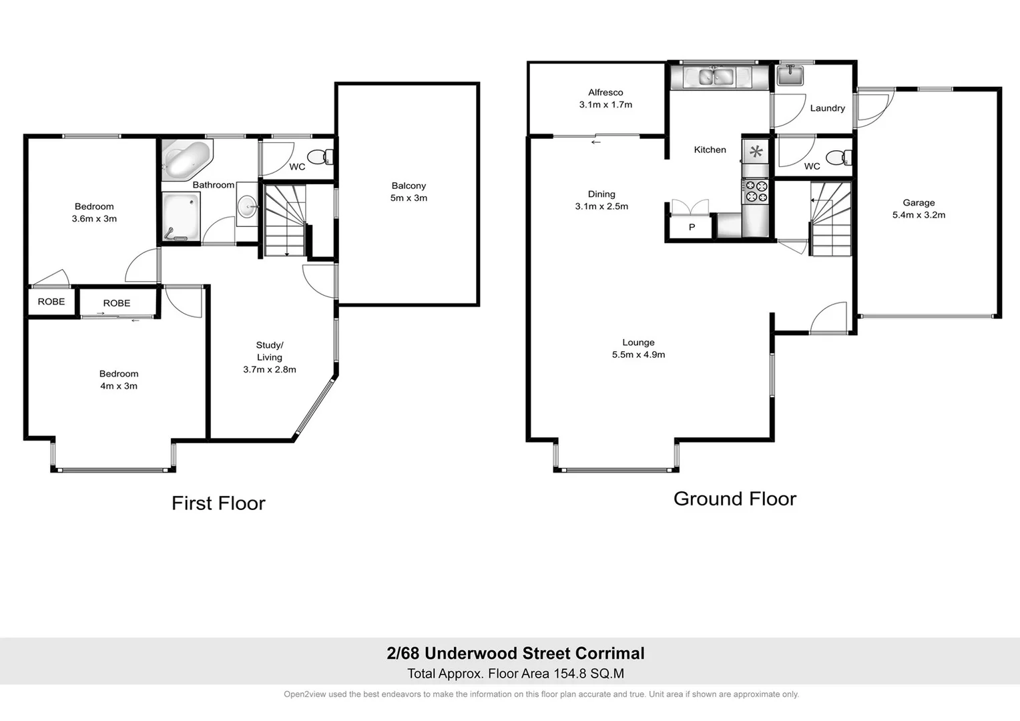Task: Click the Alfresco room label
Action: [x=605, y=93]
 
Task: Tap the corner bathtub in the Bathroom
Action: [x=185, y=160]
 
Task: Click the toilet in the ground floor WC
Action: [x=837, y=158]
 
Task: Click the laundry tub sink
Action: [x=790, y=75]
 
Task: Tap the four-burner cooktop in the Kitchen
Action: [x=756, y=192]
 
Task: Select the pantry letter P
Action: [x=692, y=228]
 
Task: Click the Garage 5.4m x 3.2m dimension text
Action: [x=919, y=215]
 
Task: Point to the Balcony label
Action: [x=409, y=186]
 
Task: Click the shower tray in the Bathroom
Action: [x=181, y=216]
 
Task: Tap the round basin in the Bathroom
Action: [x=248, y=207]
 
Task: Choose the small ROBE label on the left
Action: [x=51, y=302]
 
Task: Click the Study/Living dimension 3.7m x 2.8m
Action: [x=270, y=369]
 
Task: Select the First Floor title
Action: [x=218, y=503]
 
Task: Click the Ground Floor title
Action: [x=734, y=499]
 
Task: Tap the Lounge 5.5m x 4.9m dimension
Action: [x=638, y=354]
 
